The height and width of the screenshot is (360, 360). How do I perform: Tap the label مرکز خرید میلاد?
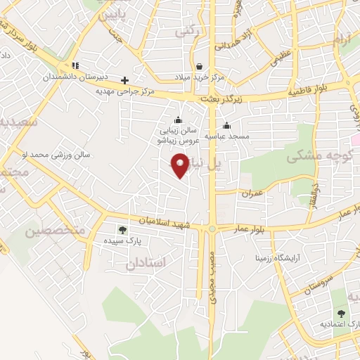click(x=198, y=77)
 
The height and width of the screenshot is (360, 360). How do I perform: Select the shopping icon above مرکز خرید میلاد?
click(x=198, y=66)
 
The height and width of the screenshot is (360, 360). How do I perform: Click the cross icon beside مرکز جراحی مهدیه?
click(x=125, y=79)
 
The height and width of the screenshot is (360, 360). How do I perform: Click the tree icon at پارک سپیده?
click(x=123, y=230)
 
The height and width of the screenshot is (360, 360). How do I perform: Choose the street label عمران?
click(x=252, y=191)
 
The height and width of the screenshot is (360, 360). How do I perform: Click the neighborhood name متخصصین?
click(x=55, y=231)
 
